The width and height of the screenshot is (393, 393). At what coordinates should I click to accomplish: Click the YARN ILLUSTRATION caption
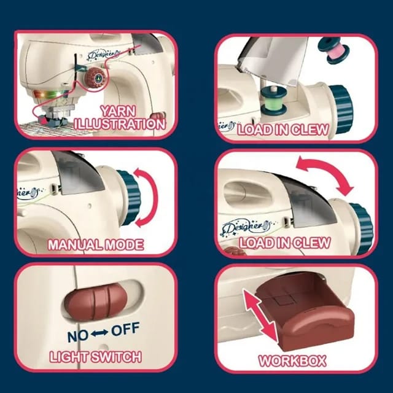pyautogui.click(x=119, y=118)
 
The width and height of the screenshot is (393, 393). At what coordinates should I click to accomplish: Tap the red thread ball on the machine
pyautogui.click(x=96, y=79)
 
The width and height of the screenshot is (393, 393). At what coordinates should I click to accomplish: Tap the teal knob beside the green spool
pyautogui.click(x=341, y=101)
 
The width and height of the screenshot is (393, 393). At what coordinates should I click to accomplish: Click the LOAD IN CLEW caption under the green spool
pyautogui.click(x=283, y=130)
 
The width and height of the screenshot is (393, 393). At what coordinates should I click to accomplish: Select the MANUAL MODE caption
pyautogui.click(x=96, y=244)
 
